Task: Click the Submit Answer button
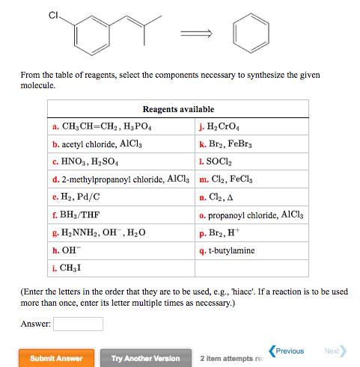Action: [x=57, y=358]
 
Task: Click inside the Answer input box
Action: [x=78, y=324]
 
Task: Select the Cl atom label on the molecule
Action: [x=53, y=14]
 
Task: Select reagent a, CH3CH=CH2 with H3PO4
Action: [x=98, y=126]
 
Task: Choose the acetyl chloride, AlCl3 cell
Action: [x=97, y=144]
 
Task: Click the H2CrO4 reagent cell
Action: [x=224, y=126]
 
